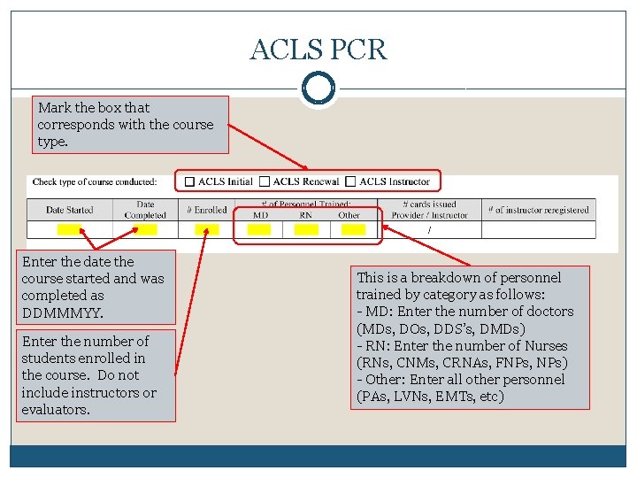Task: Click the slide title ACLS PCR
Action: [318, 50]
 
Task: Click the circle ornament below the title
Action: [318, 89]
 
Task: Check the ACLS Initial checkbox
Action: [189, 181]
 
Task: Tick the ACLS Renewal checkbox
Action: [265, 181]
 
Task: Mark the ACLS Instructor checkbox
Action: [350, 181]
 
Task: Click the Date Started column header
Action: [70, 210]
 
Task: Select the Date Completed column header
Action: [145, 210]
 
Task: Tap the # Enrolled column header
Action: [206, 210]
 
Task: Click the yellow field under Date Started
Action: [68, 229]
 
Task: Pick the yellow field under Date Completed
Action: [144, 229]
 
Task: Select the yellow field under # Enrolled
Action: [206, 229]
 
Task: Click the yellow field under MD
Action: [259, 229]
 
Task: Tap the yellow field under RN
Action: [306, 229]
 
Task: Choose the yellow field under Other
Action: [352, 229]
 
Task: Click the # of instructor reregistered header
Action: [540, 210]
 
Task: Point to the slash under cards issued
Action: [430, 229]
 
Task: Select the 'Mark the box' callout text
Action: [126, 124]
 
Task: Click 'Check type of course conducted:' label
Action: [95, 182]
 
